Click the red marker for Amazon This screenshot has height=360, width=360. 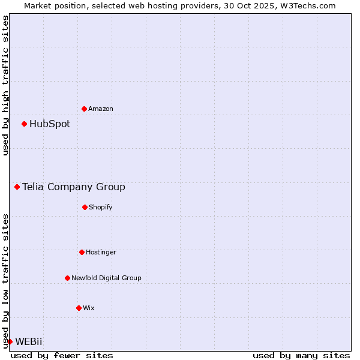point(84,109)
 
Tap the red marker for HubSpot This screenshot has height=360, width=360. point(24,124)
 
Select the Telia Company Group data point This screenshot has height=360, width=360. point(17,187)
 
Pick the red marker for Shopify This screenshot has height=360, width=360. point(85,207)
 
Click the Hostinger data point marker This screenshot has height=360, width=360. point(82,252)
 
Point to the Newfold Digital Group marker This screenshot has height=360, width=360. point(67,278)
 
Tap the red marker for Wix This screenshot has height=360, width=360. point(79,308)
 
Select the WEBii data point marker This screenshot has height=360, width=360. point(10,341)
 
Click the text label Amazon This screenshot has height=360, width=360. point(101,109)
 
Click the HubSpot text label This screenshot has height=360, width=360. point(50,124)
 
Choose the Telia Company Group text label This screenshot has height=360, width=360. point(74,187)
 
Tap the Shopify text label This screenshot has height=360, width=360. point(101,207)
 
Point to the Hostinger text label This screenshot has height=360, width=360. point(101,252)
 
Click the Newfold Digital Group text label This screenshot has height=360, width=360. point(106,278)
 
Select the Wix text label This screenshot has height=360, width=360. point(89,308)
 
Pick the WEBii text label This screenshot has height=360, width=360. point(29,341)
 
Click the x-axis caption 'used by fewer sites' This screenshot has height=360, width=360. point(62,355)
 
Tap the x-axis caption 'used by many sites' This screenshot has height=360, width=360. point(301,355)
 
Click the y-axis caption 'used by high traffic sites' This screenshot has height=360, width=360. point(5,85)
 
